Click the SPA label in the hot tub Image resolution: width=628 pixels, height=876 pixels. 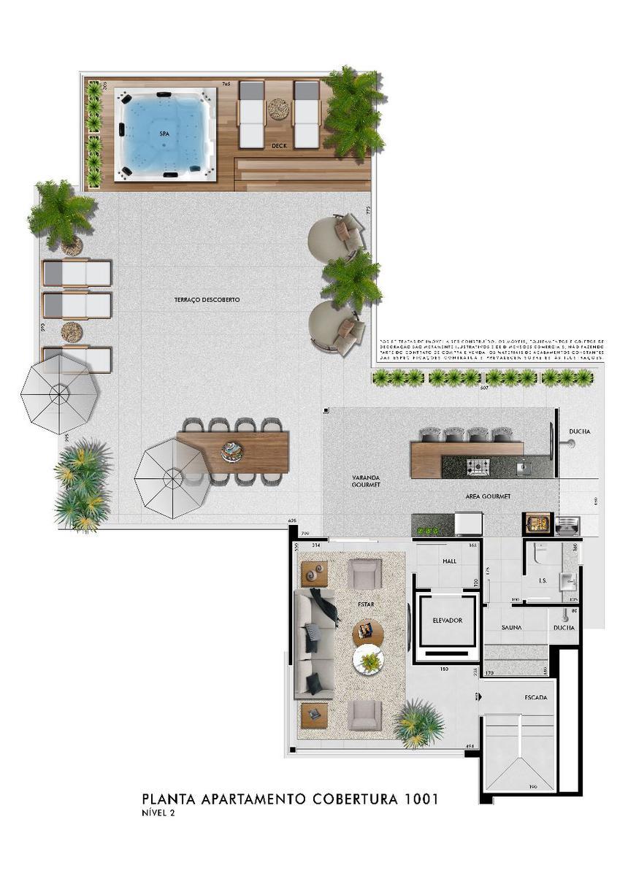tap(164, 134)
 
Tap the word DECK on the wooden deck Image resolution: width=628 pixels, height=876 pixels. tap(278, 146)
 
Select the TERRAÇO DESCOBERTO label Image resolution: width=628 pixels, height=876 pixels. tap(207, 300)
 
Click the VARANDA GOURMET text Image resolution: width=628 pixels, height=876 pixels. tap(365, 482)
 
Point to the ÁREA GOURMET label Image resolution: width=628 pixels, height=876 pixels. tap(488, 496)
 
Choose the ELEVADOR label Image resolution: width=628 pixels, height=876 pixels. tap(448, 620)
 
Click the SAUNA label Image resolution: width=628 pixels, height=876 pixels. tap(511, 628)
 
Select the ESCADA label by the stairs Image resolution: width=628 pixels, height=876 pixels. tap(535, 697)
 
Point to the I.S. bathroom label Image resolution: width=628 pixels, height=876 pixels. tap(543, 581)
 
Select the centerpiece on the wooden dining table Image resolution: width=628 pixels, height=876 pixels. tap(234, 452)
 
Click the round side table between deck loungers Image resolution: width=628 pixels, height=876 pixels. tap(278, 109)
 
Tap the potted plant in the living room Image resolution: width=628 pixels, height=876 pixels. tap(419, 722)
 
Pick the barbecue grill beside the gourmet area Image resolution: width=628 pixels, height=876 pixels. tap(537, 523)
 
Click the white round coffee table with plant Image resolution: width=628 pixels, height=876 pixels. tap(369, 661)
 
